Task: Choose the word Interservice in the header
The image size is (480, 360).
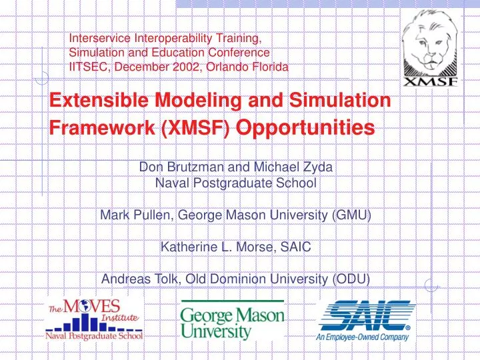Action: [x=99, y=38]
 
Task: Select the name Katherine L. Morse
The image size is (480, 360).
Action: [x=215, y=247]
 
